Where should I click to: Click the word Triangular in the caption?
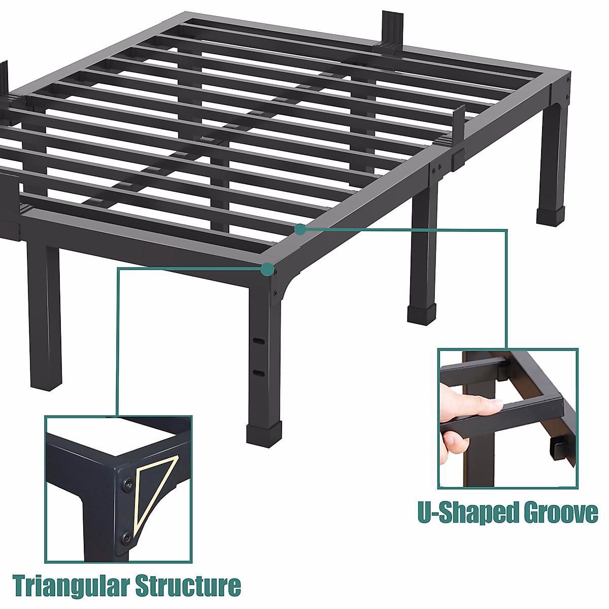pos(63,586)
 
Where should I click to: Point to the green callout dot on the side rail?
pos(300,229)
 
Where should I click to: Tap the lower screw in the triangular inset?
pos(125,537)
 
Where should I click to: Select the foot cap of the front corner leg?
pos(264,433)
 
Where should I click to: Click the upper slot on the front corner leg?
pos(258,339)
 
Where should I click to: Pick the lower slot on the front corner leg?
pos(258,373)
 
